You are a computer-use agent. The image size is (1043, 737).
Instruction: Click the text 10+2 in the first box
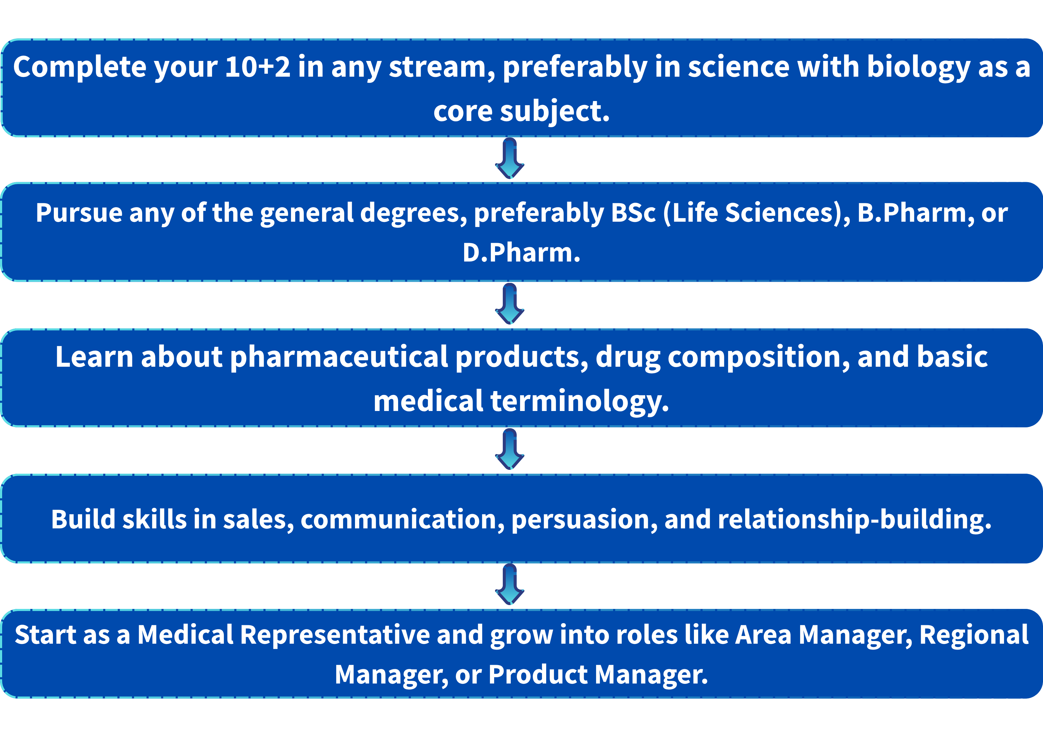[257, 67]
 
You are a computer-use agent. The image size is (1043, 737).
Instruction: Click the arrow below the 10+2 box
[510, 158]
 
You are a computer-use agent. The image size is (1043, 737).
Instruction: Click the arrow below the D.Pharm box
[510, 304]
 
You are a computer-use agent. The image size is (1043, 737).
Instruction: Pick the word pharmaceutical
[339, 358]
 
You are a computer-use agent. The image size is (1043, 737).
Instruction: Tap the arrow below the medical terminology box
[510, 449]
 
